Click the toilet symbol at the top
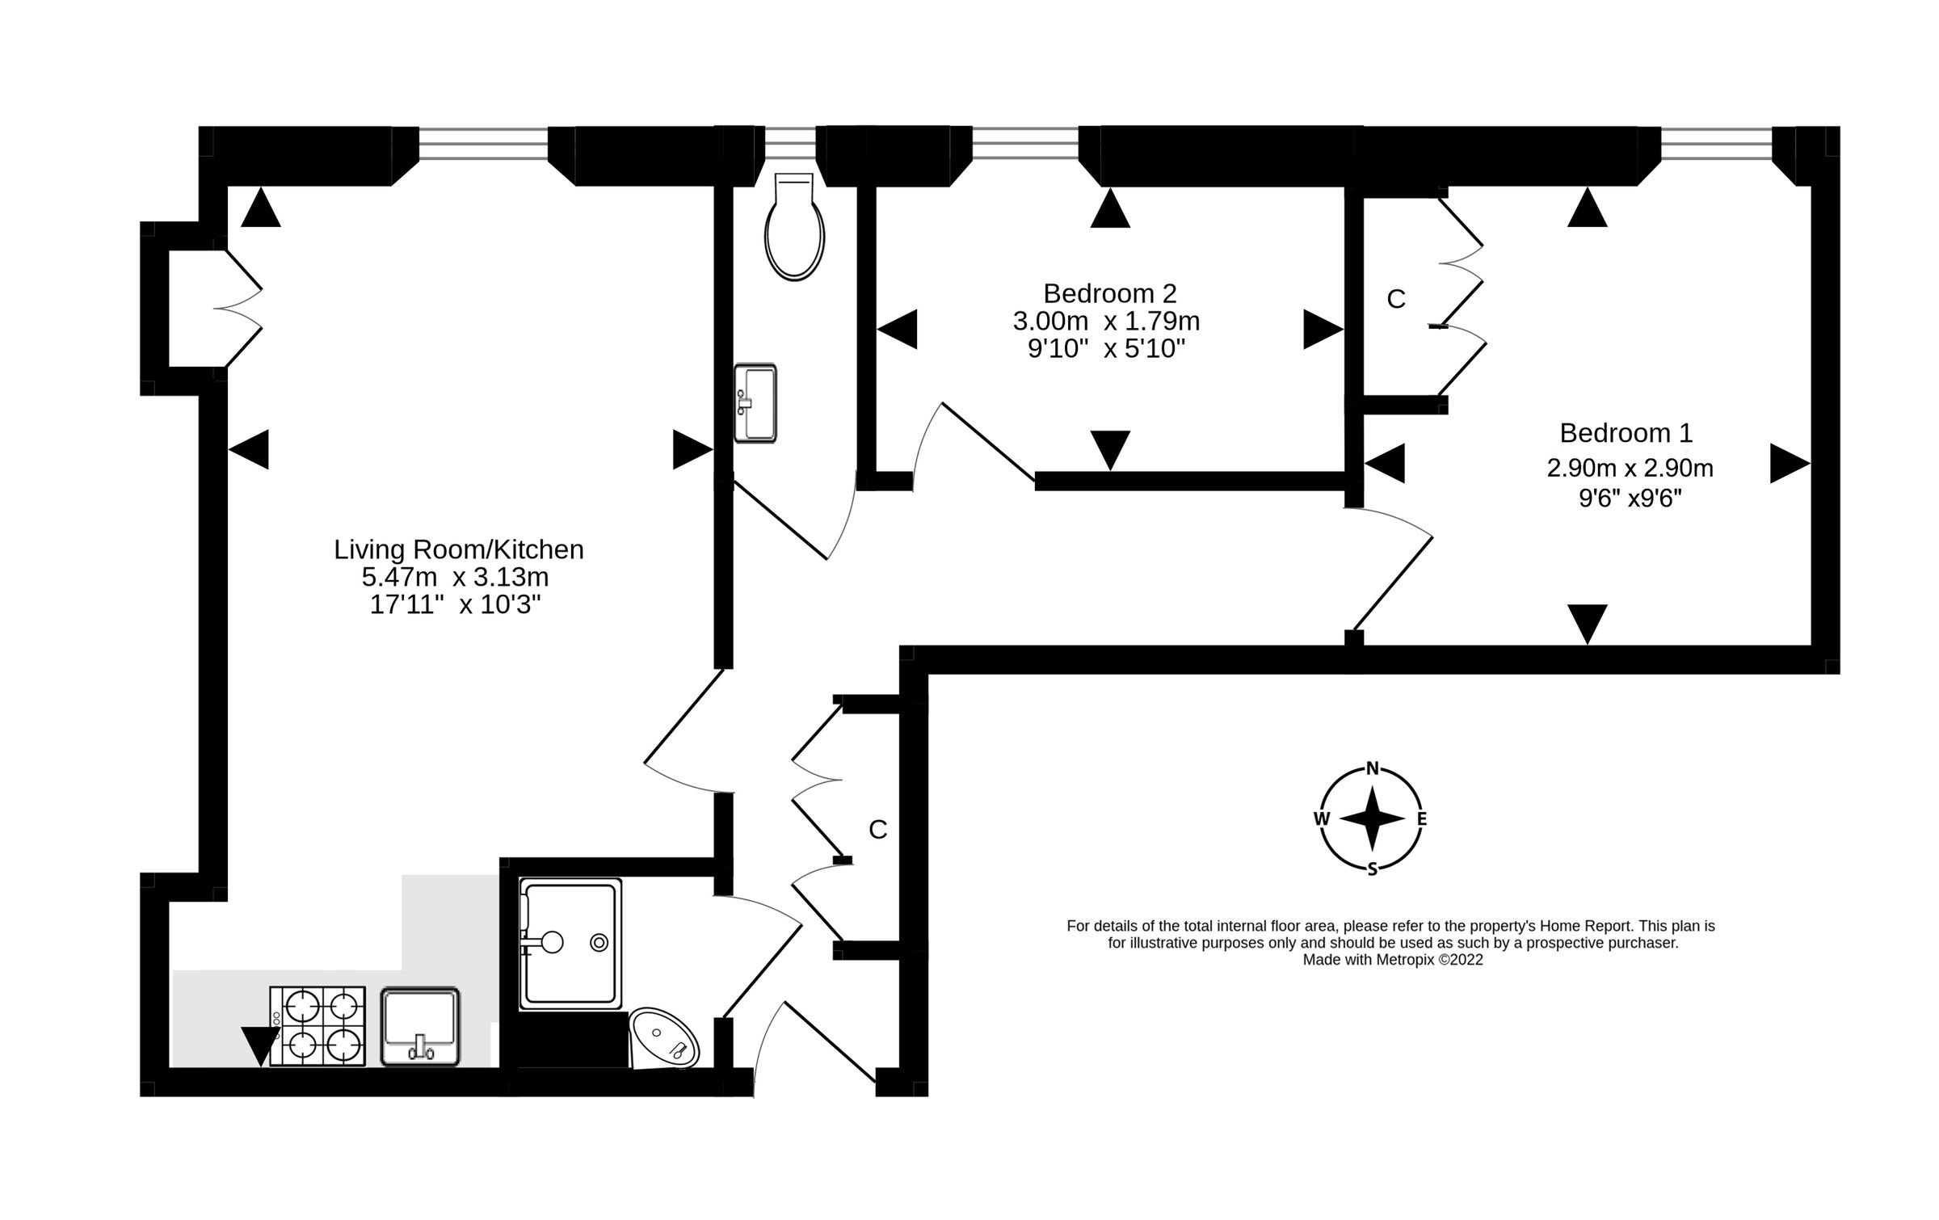[795, 226]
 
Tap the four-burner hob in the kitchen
[317, 1025]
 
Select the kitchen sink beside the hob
[420, 1025]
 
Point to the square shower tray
[571, 944]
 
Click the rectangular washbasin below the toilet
[755, 403]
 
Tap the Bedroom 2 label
[1110, 292]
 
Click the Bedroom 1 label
[1626, 433]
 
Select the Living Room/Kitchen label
[459, 549]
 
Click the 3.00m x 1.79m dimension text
[1106, 322]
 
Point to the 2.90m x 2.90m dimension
[1630, 468]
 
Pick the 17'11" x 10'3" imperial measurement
[455, 604]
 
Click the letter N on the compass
[1372, 768]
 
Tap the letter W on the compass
[1322, 818]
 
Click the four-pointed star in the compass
[1372, 818]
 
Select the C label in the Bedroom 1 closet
[1396, 300]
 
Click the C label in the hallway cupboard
[878, 829]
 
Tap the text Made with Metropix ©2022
[1393, 961]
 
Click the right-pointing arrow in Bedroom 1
[1790, 464]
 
